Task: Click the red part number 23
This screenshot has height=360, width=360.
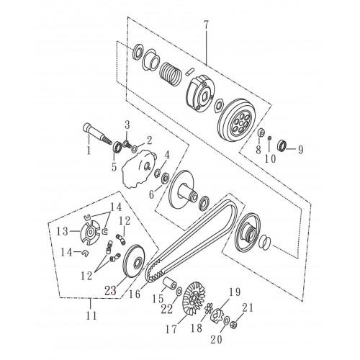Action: coord(110,291)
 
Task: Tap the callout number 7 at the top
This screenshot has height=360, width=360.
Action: coord(206,25)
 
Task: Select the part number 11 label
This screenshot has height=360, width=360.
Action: coord(91,315)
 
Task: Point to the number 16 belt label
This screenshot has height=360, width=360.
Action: coord(135,293)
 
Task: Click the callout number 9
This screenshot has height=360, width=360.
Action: coord(300,150)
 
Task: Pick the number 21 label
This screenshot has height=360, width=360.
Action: coord(247,307)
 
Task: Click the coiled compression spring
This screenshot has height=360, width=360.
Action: coord(171,73)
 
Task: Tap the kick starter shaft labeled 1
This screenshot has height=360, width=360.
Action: coord(96,133)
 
